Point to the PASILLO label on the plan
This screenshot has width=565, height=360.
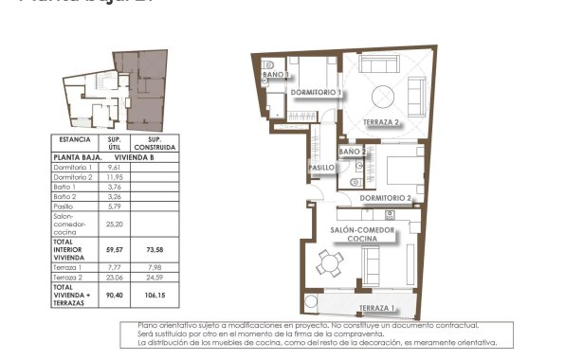321,168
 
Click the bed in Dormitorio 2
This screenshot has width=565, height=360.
398,170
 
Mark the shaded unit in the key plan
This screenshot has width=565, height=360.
142,90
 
